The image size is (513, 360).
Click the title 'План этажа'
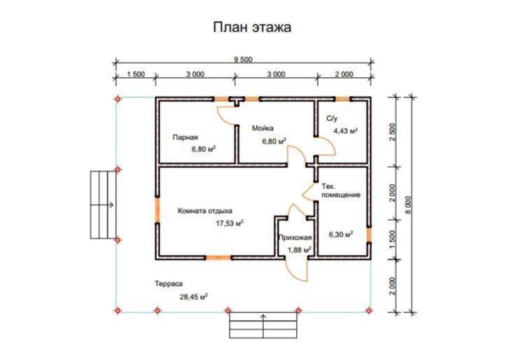[x=252, y=27]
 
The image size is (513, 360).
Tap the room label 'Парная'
[x=185, y=137]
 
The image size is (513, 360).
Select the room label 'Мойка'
[x=262, y=128]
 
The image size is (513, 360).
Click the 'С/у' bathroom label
[x=332, y=118]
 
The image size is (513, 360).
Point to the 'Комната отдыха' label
[x=205, y=211]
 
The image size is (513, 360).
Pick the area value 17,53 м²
[x=230, y=223]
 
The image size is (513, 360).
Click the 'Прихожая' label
[x=295, y=237]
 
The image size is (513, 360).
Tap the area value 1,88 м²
[x=300, y=250]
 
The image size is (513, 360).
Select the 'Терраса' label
[x=169, y=284]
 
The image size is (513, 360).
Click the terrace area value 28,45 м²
[x=194, y=297]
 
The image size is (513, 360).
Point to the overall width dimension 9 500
[x=243, y=60]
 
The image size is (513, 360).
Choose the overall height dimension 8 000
[x=408, y=205]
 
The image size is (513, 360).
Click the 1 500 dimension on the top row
[x=136, y=74]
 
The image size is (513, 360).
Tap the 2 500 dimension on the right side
[x=393, y=132]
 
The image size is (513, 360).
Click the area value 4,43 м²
[x=345, y=131]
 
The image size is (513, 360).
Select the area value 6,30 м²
[x=341, y=235]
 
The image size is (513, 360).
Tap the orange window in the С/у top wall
[x=342, y=99]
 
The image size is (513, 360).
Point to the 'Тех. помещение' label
[x=341, y=191]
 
